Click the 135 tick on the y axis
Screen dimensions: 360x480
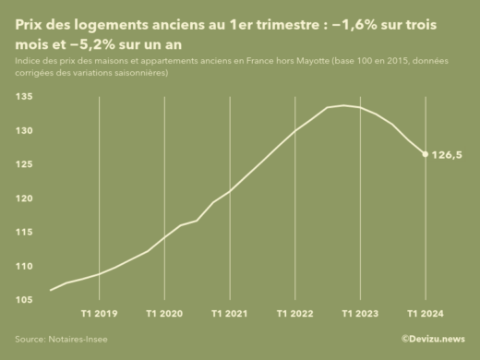point(25,97)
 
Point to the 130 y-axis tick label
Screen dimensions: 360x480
point(25,131)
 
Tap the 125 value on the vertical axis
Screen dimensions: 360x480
point(25,164)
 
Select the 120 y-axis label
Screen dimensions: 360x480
point(25,198)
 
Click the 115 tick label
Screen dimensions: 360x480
point(25,233)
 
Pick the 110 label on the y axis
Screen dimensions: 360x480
point(25,266)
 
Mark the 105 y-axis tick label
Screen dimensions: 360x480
point(25,300)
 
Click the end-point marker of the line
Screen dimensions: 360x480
point(425,154)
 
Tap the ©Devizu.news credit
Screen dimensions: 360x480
point(433,340)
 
